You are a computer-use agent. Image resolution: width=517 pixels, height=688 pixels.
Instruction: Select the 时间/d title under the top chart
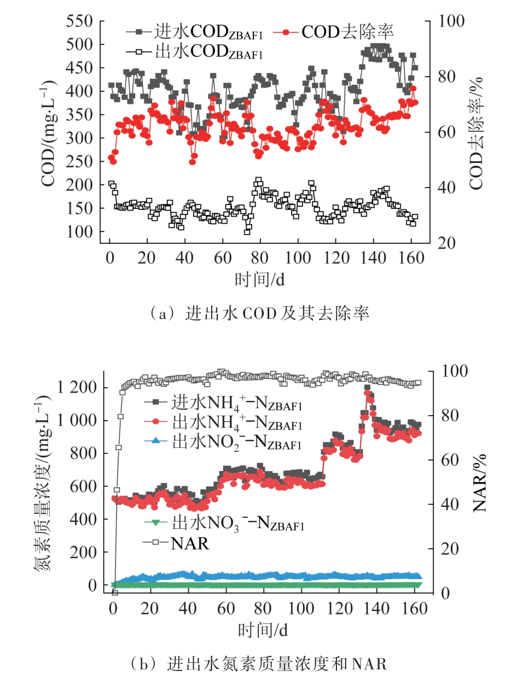coord(260,279)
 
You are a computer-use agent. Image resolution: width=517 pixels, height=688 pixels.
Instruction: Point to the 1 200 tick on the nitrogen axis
coord(76,388)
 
